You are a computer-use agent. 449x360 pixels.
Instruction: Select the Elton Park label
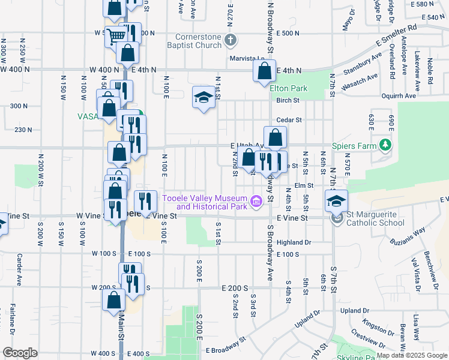288,88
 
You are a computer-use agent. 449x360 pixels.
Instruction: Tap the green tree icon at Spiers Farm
385,145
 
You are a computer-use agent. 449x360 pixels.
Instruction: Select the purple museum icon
256,200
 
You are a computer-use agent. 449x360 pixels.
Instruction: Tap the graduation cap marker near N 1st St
203,98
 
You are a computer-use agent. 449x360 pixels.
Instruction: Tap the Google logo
20,353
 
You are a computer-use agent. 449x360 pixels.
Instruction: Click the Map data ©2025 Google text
411,355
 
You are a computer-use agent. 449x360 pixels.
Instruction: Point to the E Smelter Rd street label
396,35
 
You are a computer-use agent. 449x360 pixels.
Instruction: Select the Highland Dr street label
294,242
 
